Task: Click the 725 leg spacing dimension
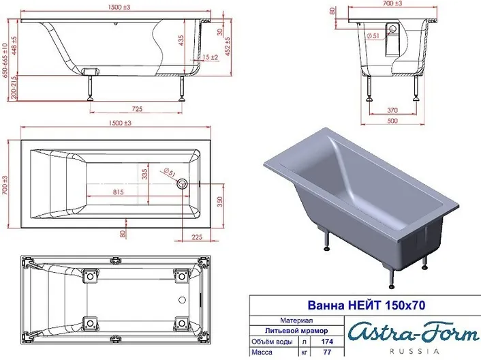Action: point(137,109)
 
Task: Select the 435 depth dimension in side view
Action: point(181,40)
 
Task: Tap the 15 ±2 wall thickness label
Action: point(211,57)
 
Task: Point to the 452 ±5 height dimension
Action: point(228,46)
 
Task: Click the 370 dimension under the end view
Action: point(392,110)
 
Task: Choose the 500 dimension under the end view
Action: point(392,121)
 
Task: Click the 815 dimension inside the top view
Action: point(118,192)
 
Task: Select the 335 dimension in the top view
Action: point(145,173)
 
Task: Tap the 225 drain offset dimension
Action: point(197,237)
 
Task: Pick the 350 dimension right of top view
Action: point(220,202)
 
